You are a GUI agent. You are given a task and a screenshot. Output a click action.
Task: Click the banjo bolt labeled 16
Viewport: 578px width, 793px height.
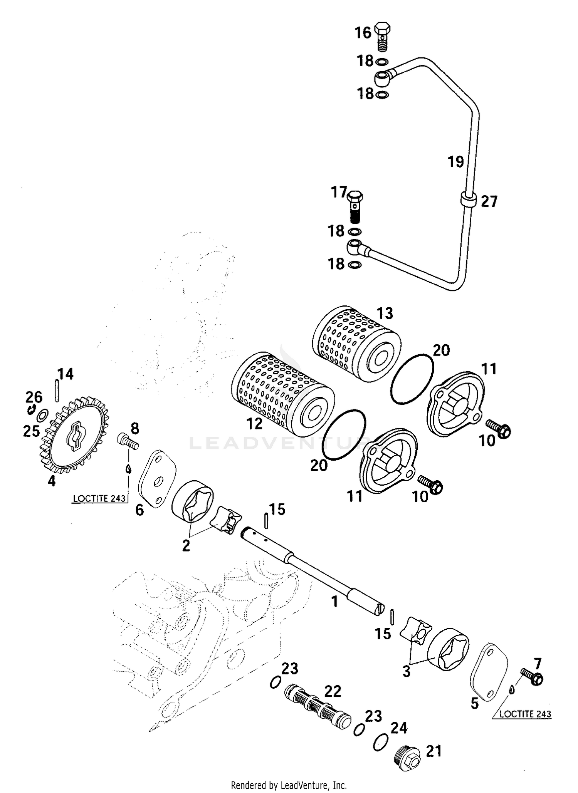pyautogui.click(x=382, y=35)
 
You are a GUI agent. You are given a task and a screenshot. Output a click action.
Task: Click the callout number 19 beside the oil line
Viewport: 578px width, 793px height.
pyautogui.click(x=455, y=162)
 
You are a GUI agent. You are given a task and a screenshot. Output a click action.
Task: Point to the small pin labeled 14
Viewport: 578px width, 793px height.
pyautogui.click(x=57, y=391)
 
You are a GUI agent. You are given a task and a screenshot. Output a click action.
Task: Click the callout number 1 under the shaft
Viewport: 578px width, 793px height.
pyautogui.click(x=334, y=601)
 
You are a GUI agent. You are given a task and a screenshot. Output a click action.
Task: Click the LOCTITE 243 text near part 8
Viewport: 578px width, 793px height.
pyautogui.click(x=99, y=498)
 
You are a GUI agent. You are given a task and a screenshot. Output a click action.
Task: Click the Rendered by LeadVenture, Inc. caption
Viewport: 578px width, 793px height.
pyautogui.click(x=289, y=785)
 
